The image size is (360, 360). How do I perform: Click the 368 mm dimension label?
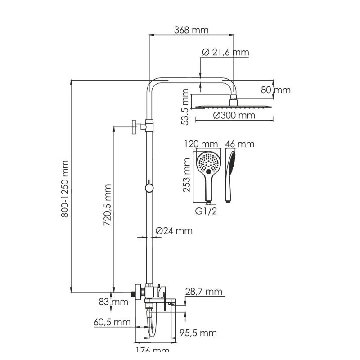click(191, 30)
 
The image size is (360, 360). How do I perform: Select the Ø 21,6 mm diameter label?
click(225, 53)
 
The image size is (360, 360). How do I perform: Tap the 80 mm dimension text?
click(276, 90)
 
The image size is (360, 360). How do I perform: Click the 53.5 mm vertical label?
click(184, 107)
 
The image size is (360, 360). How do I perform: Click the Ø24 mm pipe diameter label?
click(174, 231)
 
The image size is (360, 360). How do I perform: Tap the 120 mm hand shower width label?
click(201, 144)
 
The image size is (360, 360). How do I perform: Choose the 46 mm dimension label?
click(240, 144)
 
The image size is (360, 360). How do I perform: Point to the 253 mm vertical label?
click(187, 174)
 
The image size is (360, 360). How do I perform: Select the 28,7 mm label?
click(205, 292)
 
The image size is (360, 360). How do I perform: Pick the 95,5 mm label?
click(198, 333)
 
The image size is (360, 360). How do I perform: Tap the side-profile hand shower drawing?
click(231, 175)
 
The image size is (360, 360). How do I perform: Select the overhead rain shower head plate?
click(234, 107)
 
